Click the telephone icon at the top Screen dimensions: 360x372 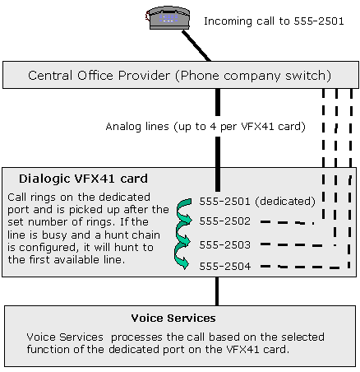tap(168, 18)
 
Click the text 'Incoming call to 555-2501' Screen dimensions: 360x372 tap(274, 21)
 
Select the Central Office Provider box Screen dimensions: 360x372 tap(181, 75)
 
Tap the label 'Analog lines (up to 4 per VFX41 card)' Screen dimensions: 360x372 tap(205, 127)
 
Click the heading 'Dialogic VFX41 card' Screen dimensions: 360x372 tap(83, 179)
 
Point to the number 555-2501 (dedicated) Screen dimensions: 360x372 tap(257, 202)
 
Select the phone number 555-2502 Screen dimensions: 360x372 tap(225, 221)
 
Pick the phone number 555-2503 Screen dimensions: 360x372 tap(225, 244)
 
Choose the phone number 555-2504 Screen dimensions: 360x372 tap(225, 266)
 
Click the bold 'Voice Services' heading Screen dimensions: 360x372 tap(173, 319)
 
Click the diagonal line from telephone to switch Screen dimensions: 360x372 tap(196, 45)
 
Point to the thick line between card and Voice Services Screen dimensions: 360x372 tap(217, 291)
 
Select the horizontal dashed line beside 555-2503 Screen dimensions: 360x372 tap(298, 244)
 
